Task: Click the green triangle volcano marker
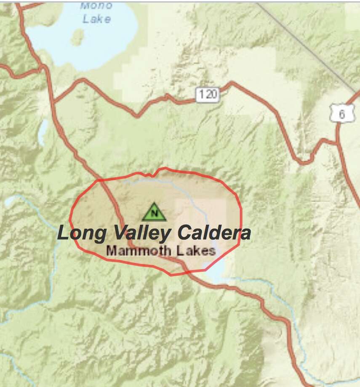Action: (154, 212)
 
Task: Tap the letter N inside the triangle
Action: (154, 213)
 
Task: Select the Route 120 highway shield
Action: (208, 94)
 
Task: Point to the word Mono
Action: (96, 6)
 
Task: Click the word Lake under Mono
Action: (96, 19)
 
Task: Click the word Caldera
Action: (214, 233)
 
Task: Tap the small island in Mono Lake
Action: (77, 37)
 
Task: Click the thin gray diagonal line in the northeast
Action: (307, 46)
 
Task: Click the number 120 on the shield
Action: (208, 94)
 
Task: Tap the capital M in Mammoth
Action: (112, 251)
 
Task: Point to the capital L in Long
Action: (63, 233)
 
